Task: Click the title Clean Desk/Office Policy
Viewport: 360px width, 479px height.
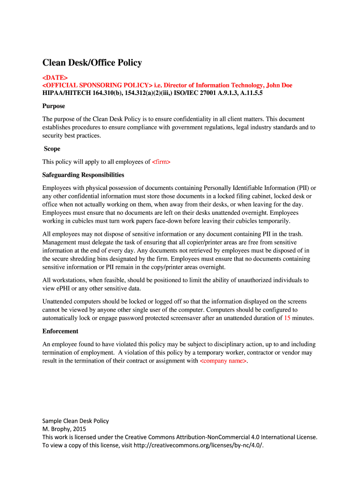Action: tap(92, 63)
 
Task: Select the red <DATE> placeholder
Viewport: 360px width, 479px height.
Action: tap(55, 77)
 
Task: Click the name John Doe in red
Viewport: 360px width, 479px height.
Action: tap(279, 85)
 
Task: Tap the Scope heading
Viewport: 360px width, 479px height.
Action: tap(52, 149)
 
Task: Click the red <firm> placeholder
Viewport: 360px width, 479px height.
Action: tap(161, 162)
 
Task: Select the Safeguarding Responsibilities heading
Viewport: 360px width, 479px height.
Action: tap(83, 175)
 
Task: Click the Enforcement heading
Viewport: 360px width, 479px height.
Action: tap(60, 331)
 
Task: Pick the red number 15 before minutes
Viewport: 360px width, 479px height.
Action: tap(287, 318)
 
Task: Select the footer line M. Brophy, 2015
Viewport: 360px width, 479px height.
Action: tap(64, 429)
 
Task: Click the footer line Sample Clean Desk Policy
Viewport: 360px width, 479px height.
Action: tap(75, 421)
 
